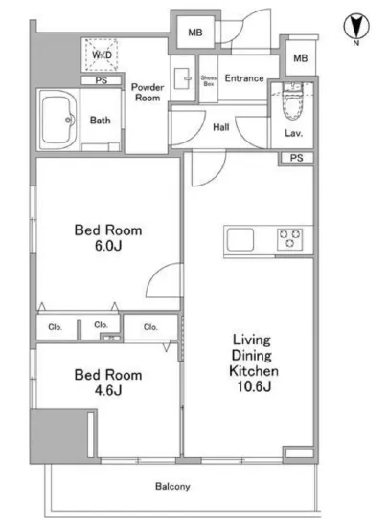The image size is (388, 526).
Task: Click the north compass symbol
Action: click(356, 27)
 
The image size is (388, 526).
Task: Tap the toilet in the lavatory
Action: click(292, 101)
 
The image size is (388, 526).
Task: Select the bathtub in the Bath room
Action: click(57, 120)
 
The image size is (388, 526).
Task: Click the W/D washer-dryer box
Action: click(102, 55)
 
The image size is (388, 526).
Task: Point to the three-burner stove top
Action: click(289, 239)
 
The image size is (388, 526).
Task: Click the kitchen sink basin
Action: click(240, 239)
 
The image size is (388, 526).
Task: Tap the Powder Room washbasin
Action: click(182, 78)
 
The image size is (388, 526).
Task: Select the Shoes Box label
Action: click(208, 81)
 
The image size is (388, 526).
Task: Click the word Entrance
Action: click(244, 78)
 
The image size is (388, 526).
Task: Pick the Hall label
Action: click(221, 127)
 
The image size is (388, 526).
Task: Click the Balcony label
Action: click(172, 486)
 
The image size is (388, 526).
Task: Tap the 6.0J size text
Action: click(108, 246)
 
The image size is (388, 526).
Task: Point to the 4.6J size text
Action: click(108, 390)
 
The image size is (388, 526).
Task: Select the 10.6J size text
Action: click(254, 386)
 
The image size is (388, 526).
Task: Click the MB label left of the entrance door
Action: click(195, 33)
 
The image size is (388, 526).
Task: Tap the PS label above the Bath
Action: click(102, 80)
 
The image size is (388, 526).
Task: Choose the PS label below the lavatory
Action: click(297, 158)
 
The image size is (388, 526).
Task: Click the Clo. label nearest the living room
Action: click(150, 327)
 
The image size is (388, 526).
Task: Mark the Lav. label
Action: click(293, 133)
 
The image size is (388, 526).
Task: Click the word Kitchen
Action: click(254, 371)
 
